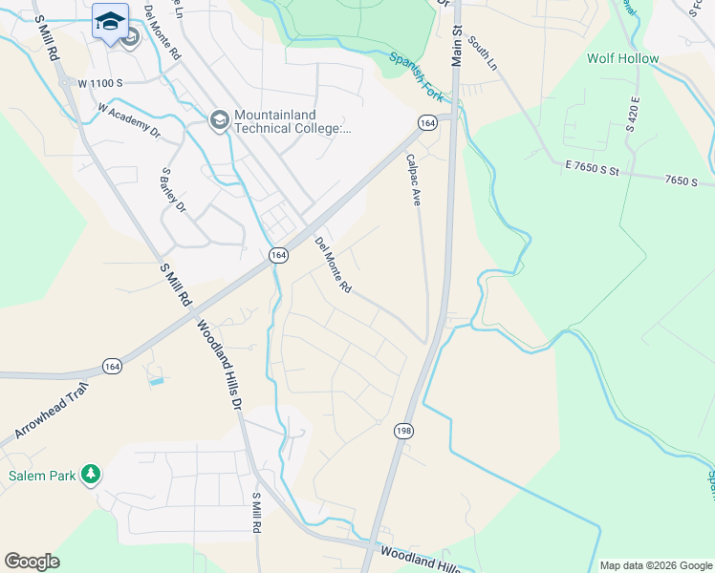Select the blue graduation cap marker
pos(110,21)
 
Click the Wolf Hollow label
pos(622,58)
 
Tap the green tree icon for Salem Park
pos(90,474)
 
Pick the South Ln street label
pos(485,55)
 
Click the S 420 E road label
pos(633,112)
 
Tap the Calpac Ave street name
pos(414,180)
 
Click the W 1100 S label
pos(99,83)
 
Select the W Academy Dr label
pos(129,119)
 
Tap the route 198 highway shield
pos(401,433)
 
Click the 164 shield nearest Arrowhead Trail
pos(112,366)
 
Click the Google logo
pos(32,562)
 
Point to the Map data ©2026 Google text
pos(655,565)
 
